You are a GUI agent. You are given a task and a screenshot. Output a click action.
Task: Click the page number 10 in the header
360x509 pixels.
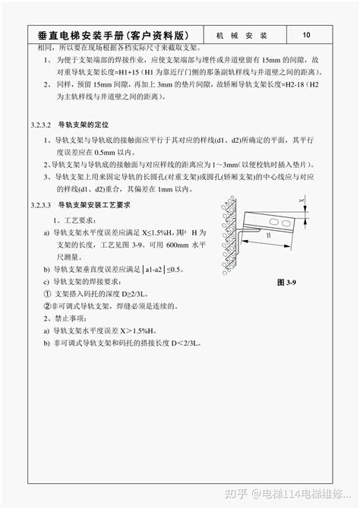(x=306, y=35)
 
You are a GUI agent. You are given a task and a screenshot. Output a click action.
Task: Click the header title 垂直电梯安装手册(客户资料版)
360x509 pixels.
(x=115, y=36)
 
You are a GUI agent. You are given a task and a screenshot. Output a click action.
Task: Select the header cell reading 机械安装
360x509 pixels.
(x=242, y=36)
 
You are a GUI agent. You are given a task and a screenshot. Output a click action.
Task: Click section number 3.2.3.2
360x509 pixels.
(x=41, y=123)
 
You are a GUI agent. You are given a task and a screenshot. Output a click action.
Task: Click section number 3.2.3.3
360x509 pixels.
(x=41, y=205)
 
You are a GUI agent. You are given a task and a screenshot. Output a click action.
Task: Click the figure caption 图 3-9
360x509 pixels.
(x=286, y=282)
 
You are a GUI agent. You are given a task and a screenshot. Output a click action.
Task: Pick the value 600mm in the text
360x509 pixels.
(x=176, y=247)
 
